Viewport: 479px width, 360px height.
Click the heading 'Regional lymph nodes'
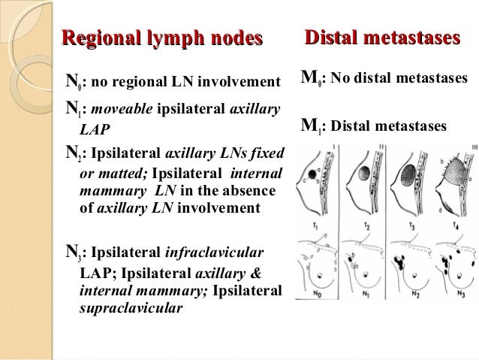click(x=163, y=38)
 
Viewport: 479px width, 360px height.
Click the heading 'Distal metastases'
click(x=381, y=38)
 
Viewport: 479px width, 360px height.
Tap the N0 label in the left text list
click(x=72, y=81)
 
